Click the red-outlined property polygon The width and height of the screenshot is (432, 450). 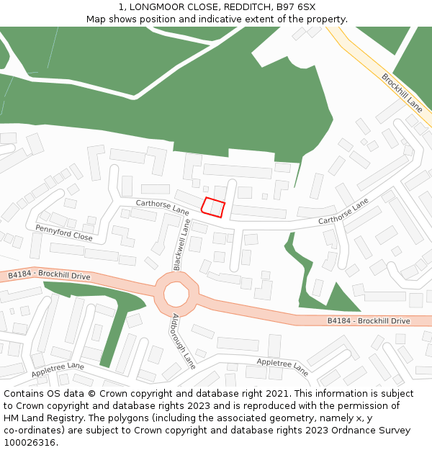212,207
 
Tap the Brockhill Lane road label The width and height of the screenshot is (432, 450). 402,92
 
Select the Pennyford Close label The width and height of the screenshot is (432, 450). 63,233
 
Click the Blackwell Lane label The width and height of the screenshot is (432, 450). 181,246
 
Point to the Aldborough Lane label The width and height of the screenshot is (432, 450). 184,338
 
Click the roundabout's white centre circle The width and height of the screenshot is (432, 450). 175,294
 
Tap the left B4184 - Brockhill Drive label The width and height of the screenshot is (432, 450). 49,276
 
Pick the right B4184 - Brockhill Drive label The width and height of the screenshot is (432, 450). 368,320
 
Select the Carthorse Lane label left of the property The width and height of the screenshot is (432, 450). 162,208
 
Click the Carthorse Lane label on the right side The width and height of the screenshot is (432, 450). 343,210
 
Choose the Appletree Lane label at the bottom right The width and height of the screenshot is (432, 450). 282,366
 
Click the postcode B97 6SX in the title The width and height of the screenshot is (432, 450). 296,7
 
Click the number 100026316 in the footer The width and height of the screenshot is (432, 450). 30,443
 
